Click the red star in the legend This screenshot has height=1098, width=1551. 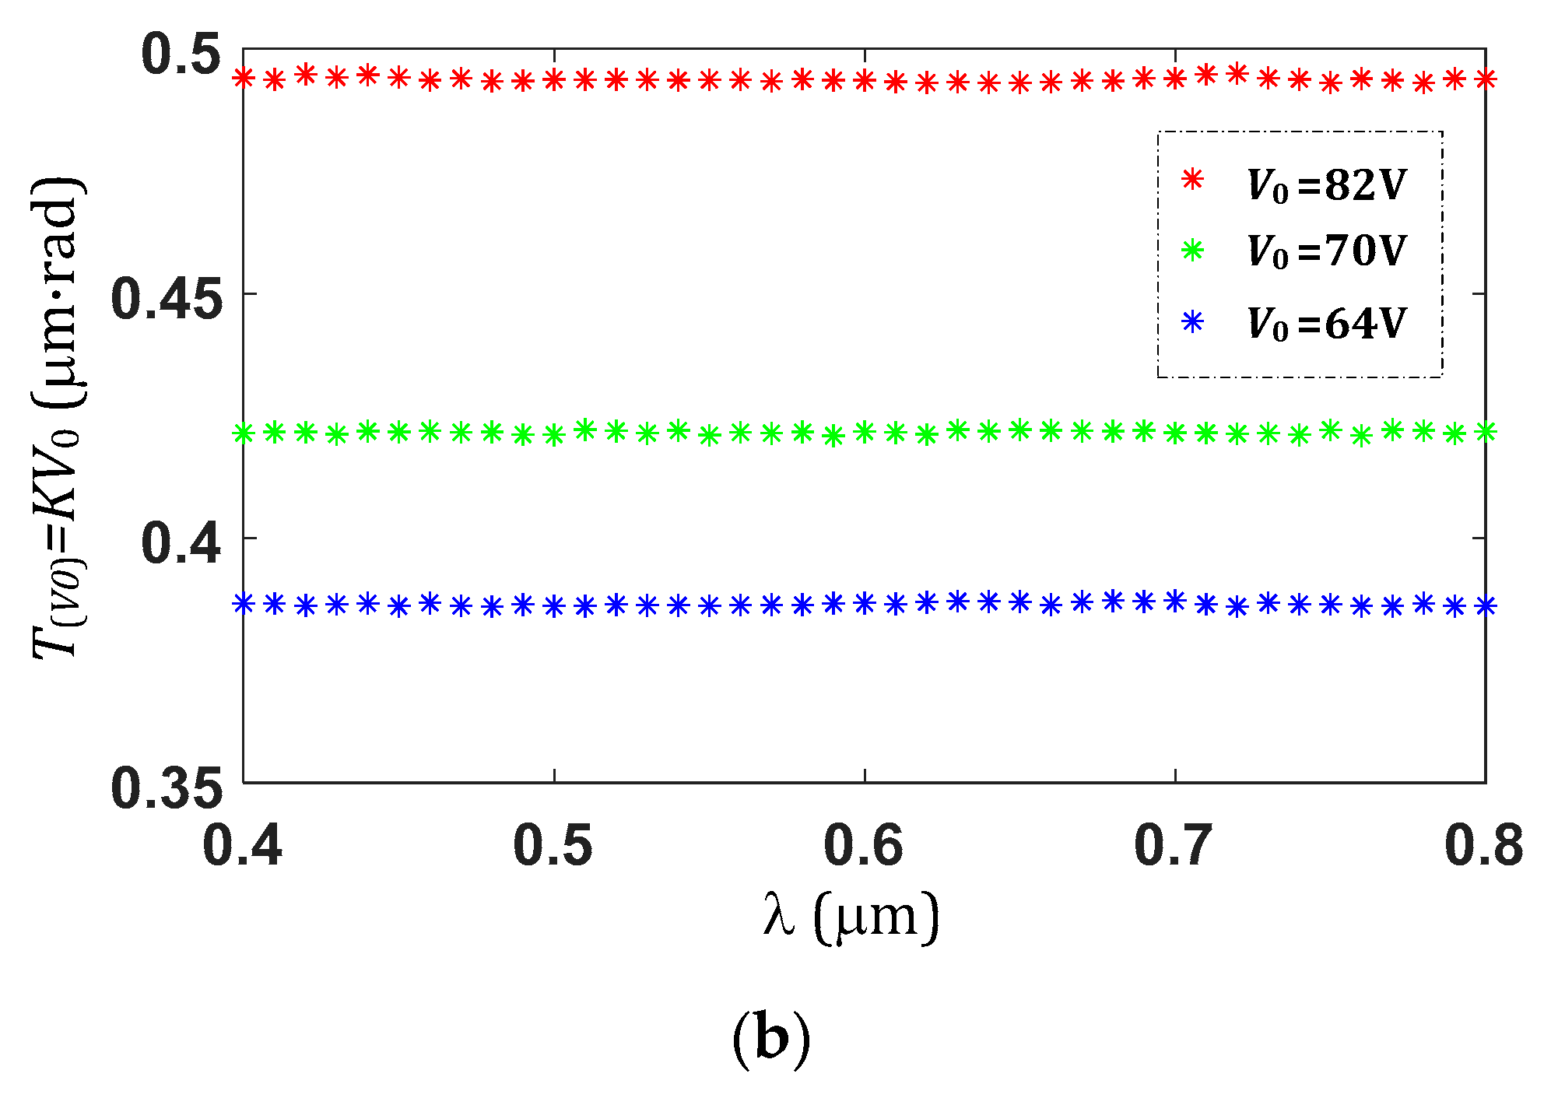tap(1192, 180)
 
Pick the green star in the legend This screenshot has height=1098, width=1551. tap(1192, 250)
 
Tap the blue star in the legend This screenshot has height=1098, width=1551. tap(1192, 321)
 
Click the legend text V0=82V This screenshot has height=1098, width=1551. tap(1327, 185)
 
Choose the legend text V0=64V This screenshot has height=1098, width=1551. tap(1327, 324)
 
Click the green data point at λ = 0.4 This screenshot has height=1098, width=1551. tap(244, 433)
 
